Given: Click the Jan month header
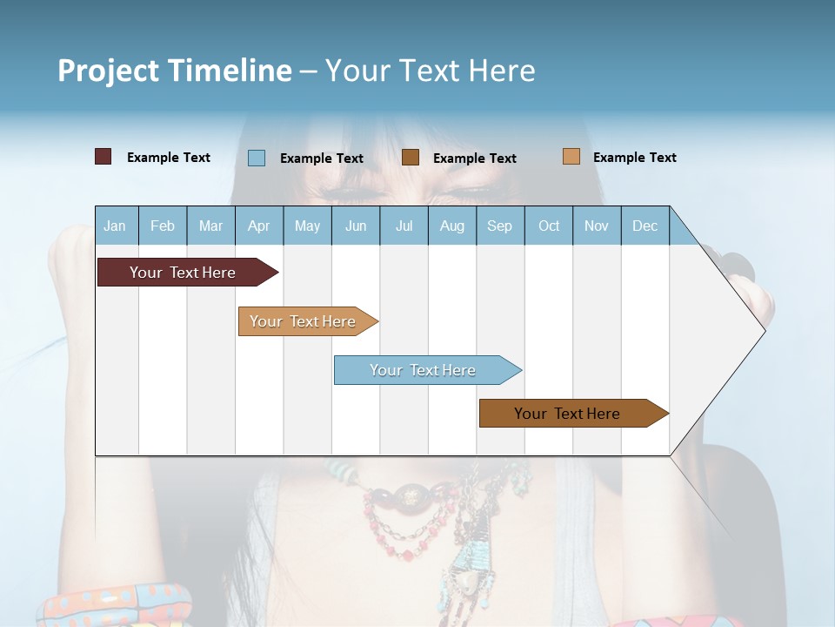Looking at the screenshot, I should [x=115, y=226].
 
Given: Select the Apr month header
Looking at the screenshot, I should [x=259, y=226].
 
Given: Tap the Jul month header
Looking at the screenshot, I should [x=404, y=226].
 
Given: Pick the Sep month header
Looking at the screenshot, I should [x=499, y=226].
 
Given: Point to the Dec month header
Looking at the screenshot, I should [x=645, y=226].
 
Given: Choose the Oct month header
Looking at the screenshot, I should [x=549, y=226].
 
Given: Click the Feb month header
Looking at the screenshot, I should [x=163, y=226].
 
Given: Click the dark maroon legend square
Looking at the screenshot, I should [x=104, y=157].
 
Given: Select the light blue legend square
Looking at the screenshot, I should [x=257, y=158].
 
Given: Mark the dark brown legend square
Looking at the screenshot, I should [x=411, y=158].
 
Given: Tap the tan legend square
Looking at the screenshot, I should [x=571, y=157].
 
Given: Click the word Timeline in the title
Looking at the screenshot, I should [x=228, y=71].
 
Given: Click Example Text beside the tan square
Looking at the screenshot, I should [x=634, y=158].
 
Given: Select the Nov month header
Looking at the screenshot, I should [x=597, y=226].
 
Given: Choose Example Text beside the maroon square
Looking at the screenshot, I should [x=169, y=158].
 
